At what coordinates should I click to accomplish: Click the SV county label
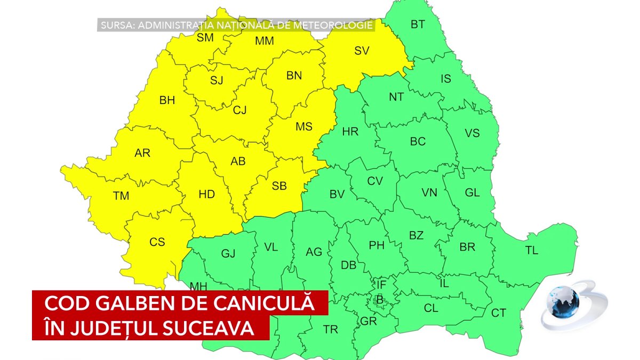362,51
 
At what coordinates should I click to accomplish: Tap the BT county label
418,24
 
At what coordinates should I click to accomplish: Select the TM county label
121,196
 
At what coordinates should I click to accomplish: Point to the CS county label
157,242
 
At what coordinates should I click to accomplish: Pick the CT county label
498,313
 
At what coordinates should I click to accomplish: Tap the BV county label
337,195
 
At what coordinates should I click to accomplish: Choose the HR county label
350,132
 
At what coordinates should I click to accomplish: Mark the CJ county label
240,110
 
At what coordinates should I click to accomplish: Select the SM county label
205,37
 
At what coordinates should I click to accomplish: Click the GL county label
472,193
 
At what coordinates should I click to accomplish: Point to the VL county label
271,247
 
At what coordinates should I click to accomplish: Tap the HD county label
206,195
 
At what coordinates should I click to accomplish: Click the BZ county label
416,235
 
